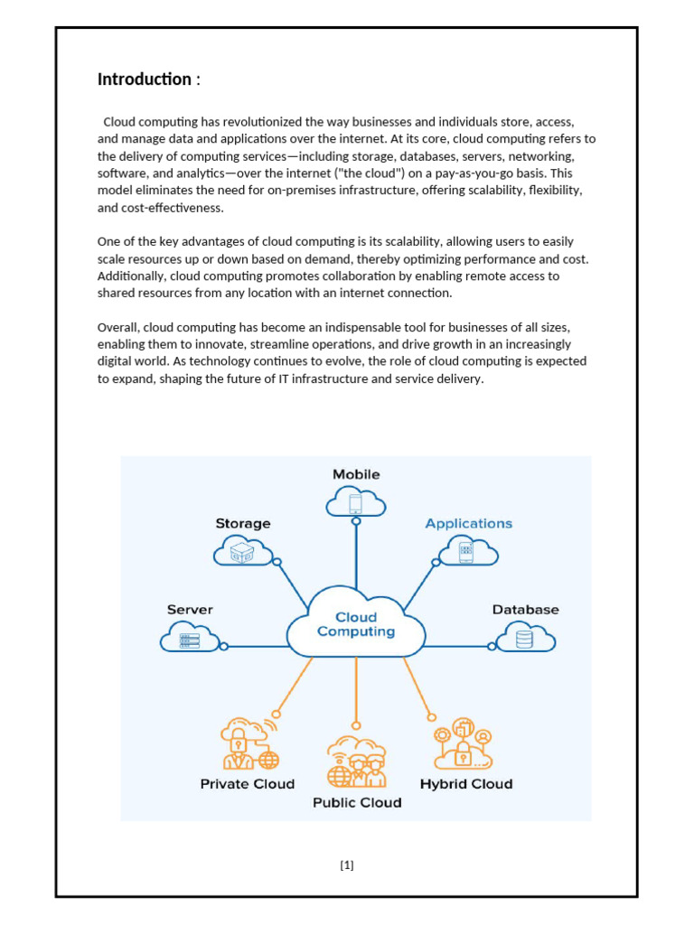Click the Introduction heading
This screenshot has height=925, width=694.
(x=145, y=79)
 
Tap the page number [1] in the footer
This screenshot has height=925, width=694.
(x=347, y=865)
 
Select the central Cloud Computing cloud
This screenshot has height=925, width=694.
(x=356, y=624)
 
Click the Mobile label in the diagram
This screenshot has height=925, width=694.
(x=356, y=474)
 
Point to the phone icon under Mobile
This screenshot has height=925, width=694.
(x=356, y=502)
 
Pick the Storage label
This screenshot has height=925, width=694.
(x=242, y=523)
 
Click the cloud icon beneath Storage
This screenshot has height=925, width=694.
(x=241, y=550)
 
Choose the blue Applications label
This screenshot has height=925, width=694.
(x=468, y=523)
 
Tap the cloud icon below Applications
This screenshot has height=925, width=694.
(x=467, y=550)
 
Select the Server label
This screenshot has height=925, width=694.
(x=190, y=610)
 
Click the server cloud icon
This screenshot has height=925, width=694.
(x=190, y=639)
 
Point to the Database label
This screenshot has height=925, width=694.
(x=525, y=610)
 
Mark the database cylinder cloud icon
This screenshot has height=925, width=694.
(x=524, y=639)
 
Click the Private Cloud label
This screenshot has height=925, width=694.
(x=247, y=784)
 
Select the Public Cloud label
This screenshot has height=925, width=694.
(x=357, y=802)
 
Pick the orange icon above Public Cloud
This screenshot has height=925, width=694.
(x=356, y=761)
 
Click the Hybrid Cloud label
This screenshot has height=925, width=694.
(x=465, y=784)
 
